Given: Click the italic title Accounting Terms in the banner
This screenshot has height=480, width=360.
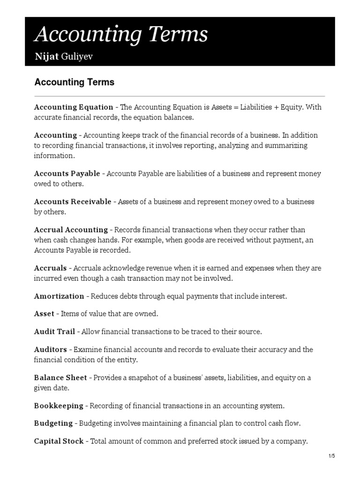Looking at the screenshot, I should [121, 35].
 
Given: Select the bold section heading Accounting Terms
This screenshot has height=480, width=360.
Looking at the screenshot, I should [75, 82].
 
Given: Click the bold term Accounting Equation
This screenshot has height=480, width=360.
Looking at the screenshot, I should [74, 107].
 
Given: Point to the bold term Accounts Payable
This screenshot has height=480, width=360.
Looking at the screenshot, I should [67, 173].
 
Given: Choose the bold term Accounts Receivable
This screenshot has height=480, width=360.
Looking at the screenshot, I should [73, 202].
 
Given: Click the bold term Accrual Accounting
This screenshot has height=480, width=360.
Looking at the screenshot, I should [71, 230].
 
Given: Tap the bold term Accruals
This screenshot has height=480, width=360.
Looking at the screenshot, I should [50, 268].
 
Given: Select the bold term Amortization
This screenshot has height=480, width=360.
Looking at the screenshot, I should [59, 296].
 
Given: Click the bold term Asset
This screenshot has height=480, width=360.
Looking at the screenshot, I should [44, 314].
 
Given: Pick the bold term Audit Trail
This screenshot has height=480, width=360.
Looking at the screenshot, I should [54, 331].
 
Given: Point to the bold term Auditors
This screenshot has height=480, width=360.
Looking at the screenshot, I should [51, 349].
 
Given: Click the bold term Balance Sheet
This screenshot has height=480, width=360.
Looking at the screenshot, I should [60, 377].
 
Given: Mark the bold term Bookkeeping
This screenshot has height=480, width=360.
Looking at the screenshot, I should [59, 405].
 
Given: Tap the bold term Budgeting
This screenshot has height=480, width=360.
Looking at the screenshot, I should [53, 423].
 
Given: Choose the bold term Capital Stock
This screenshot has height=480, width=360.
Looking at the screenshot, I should [59, 441].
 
